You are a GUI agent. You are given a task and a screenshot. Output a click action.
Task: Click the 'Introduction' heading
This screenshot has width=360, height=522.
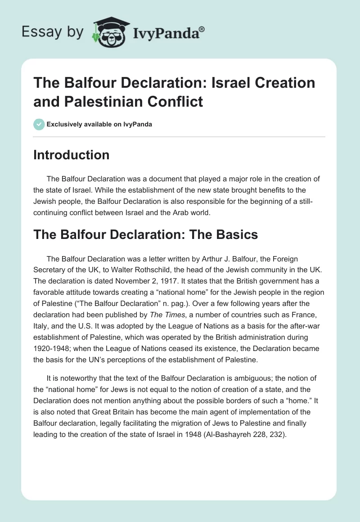pos(72,155)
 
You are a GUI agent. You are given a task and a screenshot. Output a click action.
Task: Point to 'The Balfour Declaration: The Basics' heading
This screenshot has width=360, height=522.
pos(145,234)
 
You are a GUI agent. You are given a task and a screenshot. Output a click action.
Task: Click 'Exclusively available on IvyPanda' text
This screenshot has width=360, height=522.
pos(99,124)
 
